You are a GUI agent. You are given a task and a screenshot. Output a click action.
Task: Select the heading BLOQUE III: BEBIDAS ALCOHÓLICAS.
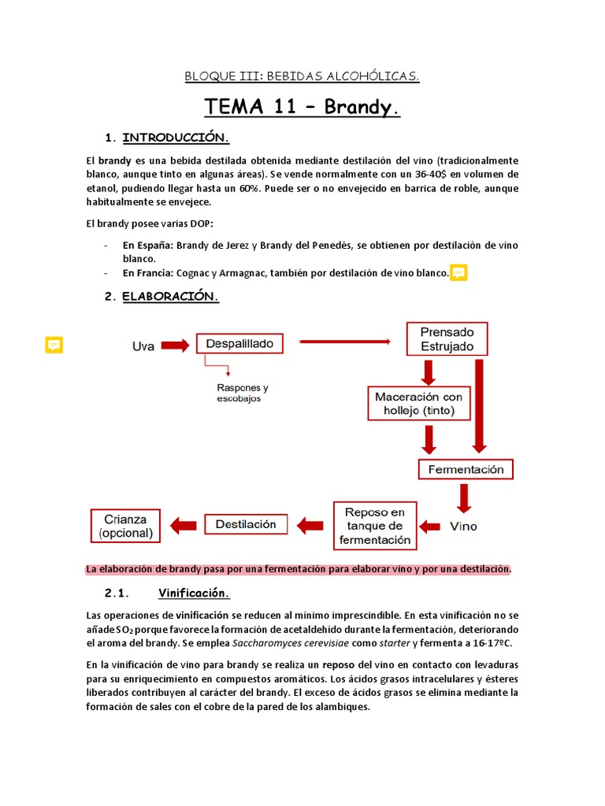pyautogui.click(x=302, y=76)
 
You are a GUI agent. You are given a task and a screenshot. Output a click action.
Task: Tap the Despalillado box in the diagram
pyautogui.click(x=239, y=344)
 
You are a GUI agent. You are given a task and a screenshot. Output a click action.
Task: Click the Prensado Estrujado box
pyautogui.click(x=447, y=339)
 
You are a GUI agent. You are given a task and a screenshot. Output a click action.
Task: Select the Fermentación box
pyautogui.click(x=466, y=470)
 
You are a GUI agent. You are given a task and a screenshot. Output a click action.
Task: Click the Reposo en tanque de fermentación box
pyautogui.click(x=375, y=526)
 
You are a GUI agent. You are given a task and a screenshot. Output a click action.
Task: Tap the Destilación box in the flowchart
pyautogui.click(x=246, y=524)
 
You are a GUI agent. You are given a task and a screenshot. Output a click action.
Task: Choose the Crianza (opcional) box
pyautogui.click(x=126, y=526)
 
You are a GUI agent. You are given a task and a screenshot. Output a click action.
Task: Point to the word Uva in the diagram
pyautogui.click(x=146, y=345)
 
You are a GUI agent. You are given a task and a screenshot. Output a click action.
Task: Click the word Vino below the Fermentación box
pyautogui.click(x=462, y=526)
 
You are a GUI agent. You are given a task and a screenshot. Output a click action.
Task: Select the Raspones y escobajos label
pyautogui.click(x=243, y=393)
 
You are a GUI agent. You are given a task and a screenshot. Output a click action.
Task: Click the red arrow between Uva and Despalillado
pyautogui.click(x=177, y=345)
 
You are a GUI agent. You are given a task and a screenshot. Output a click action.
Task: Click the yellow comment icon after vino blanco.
pyautogui.click(x=458, y=273)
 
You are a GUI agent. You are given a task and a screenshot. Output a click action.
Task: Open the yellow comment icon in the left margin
pyautogui.click(x=54, y=344)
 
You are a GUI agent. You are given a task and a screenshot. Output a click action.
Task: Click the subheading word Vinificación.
pyautogui.click(x=194, y=593)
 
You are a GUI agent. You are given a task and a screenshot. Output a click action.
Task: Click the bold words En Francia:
pyautogui.click(x=149, y=273)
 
